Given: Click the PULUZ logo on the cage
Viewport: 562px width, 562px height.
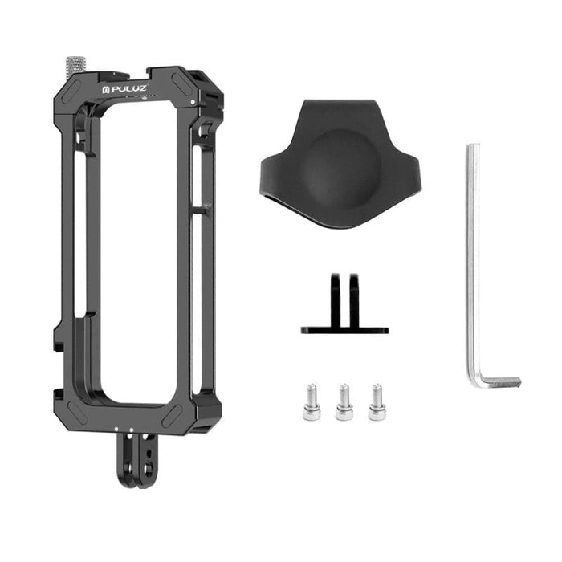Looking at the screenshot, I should coord(126,83).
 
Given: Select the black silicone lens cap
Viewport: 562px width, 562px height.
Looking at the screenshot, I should coord(339,165).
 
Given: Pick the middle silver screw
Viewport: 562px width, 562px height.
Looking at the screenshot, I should coord(344,402).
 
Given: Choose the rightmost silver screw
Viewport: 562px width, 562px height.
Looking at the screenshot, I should coord(377,402).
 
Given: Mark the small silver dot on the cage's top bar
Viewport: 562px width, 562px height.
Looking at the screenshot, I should coord(193,104).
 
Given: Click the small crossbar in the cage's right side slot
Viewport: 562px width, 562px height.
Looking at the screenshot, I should coord(202,210).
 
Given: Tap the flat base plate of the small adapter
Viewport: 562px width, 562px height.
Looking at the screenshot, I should coord(344,329).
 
